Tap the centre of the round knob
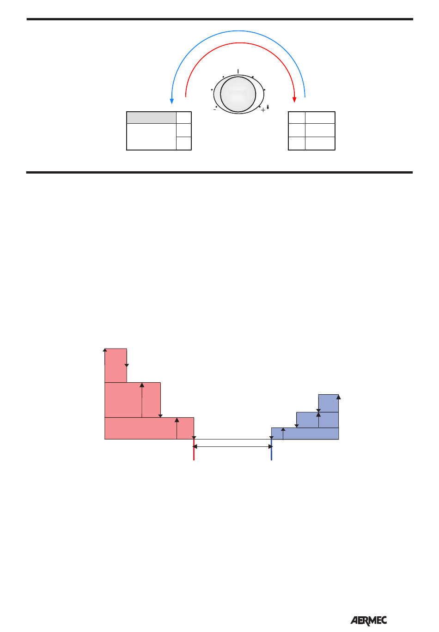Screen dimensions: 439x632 point(238,94)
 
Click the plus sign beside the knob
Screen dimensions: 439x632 point(263,110)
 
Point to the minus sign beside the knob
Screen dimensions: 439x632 point(215,110)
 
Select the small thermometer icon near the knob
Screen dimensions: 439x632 point(268,107)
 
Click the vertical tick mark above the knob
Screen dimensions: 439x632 point(238,72)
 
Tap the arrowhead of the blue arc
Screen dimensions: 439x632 point(171,101)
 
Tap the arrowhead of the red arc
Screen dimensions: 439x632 point(294,100)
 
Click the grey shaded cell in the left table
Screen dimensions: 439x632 point(152,117)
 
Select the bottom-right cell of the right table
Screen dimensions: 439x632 point(320,143)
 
